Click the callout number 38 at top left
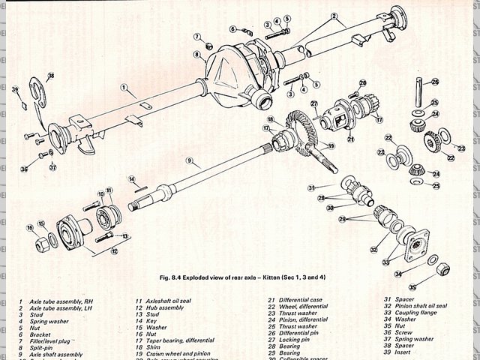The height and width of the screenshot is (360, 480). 50,76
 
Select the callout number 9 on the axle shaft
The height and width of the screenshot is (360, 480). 190,160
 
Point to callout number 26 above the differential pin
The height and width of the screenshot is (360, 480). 435,81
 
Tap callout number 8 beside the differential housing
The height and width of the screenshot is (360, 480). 196,54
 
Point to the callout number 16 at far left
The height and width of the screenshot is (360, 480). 31,227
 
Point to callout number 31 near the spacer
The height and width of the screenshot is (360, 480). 311,187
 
